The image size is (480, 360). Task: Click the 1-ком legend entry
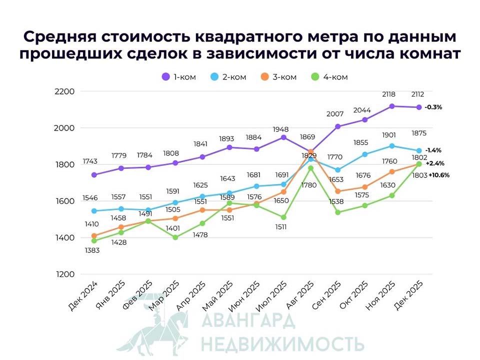[x=178, y=77]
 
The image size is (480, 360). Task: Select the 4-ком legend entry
[x=329, y=77]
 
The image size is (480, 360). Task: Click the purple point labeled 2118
[x=392, y=106]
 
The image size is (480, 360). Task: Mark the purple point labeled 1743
[x=94, y=174]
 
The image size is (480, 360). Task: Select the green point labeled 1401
[x=175, y=237]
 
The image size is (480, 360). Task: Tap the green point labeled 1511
[x=283, y=217]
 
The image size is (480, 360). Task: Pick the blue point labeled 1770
[x=338, y=170]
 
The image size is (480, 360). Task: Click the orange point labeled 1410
[x=94, y=235]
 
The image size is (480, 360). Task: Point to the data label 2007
[x=338, y=114]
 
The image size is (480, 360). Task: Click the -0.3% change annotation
[x=433, y=107]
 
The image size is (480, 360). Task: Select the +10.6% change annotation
[x=439, y=175]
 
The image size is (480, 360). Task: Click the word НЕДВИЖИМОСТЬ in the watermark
[x=282, y=344]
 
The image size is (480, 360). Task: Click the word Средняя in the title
[x=59, y=37]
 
